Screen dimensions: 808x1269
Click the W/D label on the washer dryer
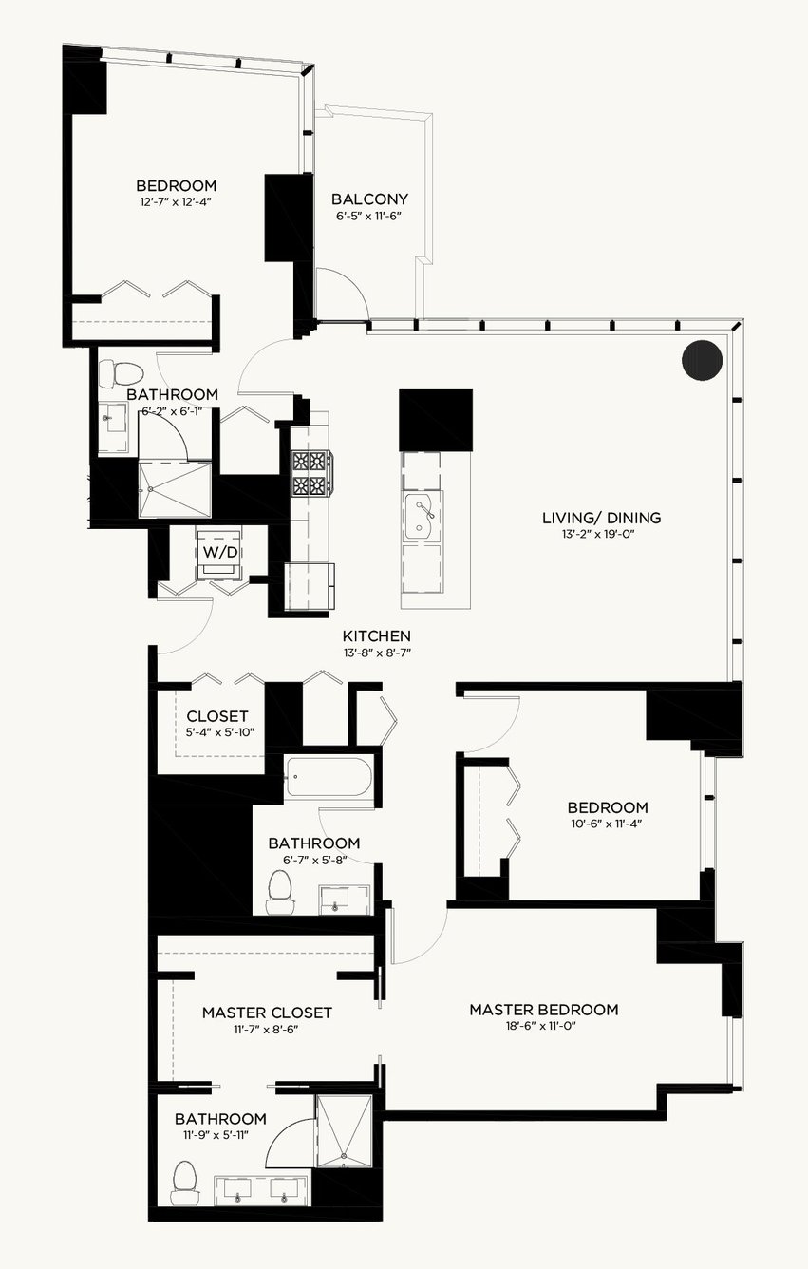220,553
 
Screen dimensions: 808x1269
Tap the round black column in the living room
702,360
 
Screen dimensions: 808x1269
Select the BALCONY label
369,199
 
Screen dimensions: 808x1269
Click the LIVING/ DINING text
601,518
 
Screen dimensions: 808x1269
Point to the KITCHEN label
377,635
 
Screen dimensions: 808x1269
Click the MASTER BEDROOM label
544,1010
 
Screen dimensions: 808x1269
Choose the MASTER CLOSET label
267,1013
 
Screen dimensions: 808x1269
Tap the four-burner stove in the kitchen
312,474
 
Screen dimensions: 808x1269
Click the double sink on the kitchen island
422,516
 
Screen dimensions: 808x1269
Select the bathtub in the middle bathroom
330,777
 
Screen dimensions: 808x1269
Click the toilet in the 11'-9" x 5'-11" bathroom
184,1183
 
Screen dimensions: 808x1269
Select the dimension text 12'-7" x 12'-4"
176,201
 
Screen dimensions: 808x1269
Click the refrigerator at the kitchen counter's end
310,586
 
